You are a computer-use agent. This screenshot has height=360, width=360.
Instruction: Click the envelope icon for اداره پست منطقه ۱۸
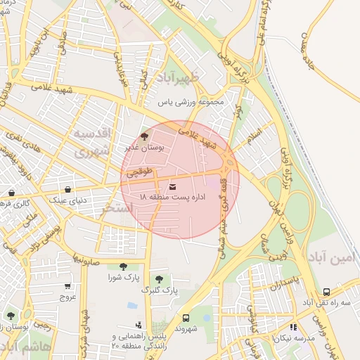[174, 186]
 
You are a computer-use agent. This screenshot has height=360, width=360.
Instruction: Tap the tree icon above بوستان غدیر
[145, 136]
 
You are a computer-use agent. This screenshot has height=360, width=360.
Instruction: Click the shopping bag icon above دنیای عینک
[67, 189]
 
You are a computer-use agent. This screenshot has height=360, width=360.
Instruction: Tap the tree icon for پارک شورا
[123, 266]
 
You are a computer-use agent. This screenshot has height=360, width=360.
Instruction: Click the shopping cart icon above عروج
[67, 286]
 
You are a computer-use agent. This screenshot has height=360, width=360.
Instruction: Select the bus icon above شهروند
[186, 317]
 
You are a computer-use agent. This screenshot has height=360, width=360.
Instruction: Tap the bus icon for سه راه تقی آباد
[326, 291]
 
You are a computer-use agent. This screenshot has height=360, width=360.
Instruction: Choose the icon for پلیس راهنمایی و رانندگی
[139, 326]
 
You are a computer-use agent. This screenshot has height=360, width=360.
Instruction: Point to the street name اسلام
[254, 131]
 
